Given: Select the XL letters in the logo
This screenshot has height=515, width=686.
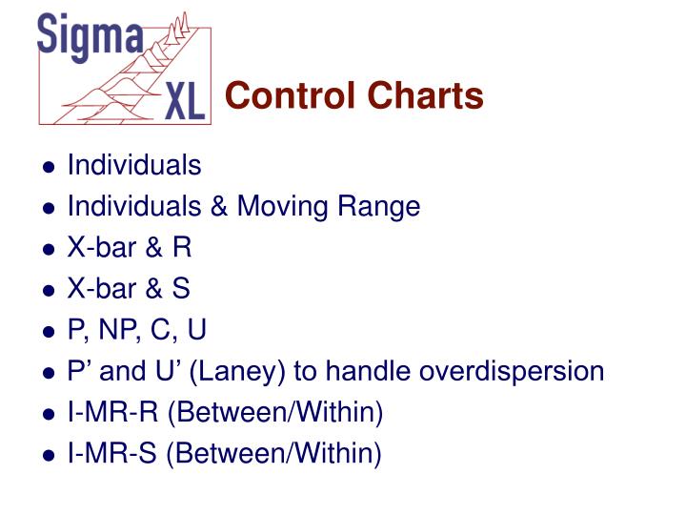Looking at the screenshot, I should coord(184,99).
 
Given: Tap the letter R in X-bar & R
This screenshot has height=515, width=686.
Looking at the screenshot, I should coord(182,248).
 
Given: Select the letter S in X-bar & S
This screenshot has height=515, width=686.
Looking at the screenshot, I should coord(181,289).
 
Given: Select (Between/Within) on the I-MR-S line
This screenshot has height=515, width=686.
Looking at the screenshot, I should coord(274,454).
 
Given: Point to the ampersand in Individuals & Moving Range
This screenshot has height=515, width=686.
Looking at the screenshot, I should coord(219,207).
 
